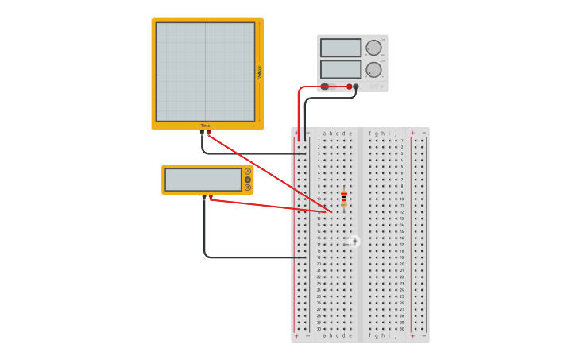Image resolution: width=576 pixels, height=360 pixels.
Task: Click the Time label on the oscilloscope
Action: (x=205, y=126)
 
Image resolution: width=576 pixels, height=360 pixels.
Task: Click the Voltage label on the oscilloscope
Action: (x=259, y=72)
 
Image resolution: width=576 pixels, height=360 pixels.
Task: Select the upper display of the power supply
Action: (x=341, y=48)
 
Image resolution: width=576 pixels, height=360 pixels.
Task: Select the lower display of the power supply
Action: (x=341, y=69)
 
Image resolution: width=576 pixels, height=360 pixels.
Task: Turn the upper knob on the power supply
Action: (x=373, y=48)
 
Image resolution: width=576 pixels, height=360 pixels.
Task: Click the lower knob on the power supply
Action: (x=373, y=70)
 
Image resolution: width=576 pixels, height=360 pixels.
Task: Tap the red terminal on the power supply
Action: (x=349, y=87)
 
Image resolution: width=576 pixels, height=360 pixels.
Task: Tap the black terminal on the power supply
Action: (x=356, y=87)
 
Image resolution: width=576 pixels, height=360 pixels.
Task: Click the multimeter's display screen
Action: (x=203, y=180)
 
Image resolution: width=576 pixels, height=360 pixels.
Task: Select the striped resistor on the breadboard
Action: (x=344, y=199)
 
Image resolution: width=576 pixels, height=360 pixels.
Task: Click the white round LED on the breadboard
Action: (x=354, y=241)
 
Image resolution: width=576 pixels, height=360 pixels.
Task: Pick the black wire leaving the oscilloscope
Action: (x=238, y=153)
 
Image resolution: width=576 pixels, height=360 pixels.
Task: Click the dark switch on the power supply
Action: (x=325, y=87)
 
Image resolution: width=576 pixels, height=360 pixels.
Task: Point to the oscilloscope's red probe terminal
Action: (x=209, y=133)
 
